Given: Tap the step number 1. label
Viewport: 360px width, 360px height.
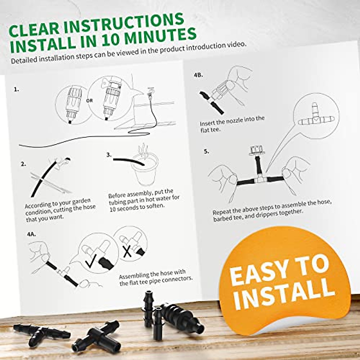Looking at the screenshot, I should [16, 89].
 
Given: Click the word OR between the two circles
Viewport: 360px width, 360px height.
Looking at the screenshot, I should [89, 101].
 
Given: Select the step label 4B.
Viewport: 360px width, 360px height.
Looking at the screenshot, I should [198, 75].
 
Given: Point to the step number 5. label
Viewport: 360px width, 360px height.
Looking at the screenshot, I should [206, 151].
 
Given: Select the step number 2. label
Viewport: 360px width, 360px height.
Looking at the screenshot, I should [23, 164].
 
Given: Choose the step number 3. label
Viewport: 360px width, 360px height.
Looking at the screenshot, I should [109, 155].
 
